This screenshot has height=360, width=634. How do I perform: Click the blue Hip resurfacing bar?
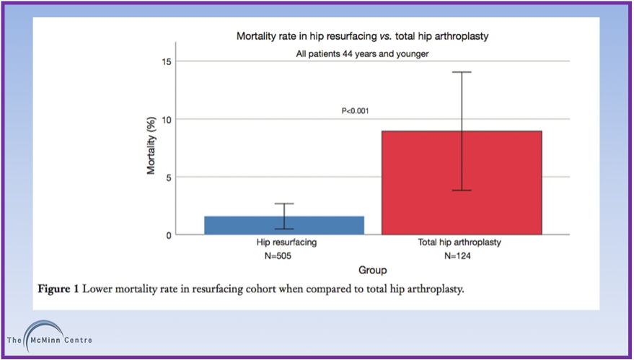point(284,226)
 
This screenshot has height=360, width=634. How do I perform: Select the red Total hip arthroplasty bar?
point(462,183)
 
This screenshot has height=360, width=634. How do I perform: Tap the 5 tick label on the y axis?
point(168,177)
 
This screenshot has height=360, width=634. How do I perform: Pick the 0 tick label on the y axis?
point(168,235)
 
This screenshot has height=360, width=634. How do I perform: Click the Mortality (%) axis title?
point(152,149)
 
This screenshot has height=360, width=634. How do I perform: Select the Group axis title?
point(372,271)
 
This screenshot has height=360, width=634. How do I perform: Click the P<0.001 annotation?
point(356,111)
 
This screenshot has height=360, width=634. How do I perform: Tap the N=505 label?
point(284,256)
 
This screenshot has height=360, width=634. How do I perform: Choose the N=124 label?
point(461,256)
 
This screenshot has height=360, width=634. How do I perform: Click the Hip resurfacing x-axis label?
point(284,243)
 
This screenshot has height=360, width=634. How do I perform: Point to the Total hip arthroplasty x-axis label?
point(461,243)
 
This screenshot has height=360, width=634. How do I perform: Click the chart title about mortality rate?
point(372,35)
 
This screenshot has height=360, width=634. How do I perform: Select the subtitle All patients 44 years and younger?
point(372,53)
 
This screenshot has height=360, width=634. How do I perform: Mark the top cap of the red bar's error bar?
point(462,72)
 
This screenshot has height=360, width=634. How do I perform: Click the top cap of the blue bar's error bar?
point(284,203)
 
